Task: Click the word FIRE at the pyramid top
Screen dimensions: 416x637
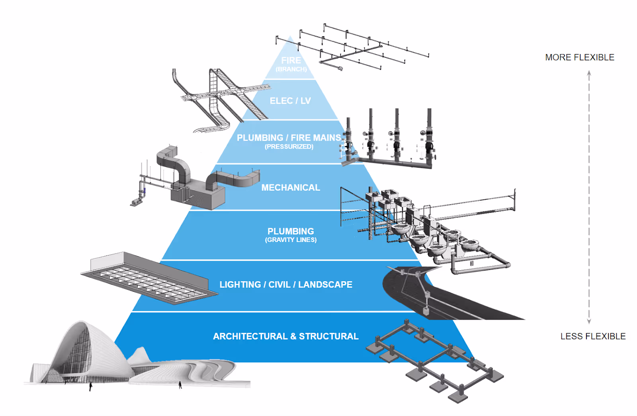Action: (291, 61)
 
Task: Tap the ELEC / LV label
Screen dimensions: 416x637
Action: (290, 101)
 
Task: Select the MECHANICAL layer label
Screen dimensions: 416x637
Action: (291, 187)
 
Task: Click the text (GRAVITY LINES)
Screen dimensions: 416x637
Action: (291, 240)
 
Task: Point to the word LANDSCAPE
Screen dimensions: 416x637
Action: (325, 285)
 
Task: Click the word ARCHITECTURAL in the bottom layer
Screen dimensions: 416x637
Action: (250, 336)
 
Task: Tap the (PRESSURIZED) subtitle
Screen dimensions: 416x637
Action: (289, 146)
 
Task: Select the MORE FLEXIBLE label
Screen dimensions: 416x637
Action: (580, 57)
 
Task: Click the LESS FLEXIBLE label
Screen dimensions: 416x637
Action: (593, 336)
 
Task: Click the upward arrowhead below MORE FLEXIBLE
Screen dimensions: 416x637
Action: (589, 74)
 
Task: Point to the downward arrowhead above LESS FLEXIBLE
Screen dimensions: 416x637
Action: (589, 321)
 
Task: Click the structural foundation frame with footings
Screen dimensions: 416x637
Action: (434, 358)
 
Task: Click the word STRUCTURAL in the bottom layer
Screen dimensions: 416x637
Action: (328, 336)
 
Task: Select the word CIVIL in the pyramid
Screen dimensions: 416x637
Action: (279, 285)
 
